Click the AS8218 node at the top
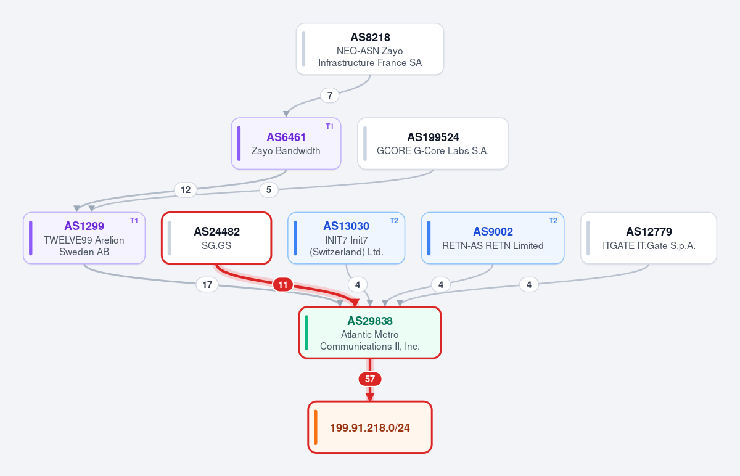[369, 49]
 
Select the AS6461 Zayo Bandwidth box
[286, 144]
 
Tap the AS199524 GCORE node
[433, 144]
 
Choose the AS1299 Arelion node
[84, 238]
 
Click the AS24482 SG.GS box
[216, 238]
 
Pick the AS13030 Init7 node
[346, 238]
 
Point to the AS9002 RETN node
[493, 238]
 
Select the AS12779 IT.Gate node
[649, 238]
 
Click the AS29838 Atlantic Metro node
[370, 332]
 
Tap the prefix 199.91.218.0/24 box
[370, 427]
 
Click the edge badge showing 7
[330, 96]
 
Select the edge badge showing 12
[186, 190]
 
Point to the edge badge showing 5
[269, 190]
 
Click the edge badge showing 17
[207, 285]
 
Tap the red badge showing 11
[283, 285]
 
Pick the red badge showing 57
[370, 379]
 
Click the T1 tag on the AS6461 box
[329, 126]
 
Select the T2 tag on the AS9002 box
[553, 221]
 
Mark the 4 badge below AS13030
[358, 285]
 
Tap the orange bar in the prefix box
[316, 427]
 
